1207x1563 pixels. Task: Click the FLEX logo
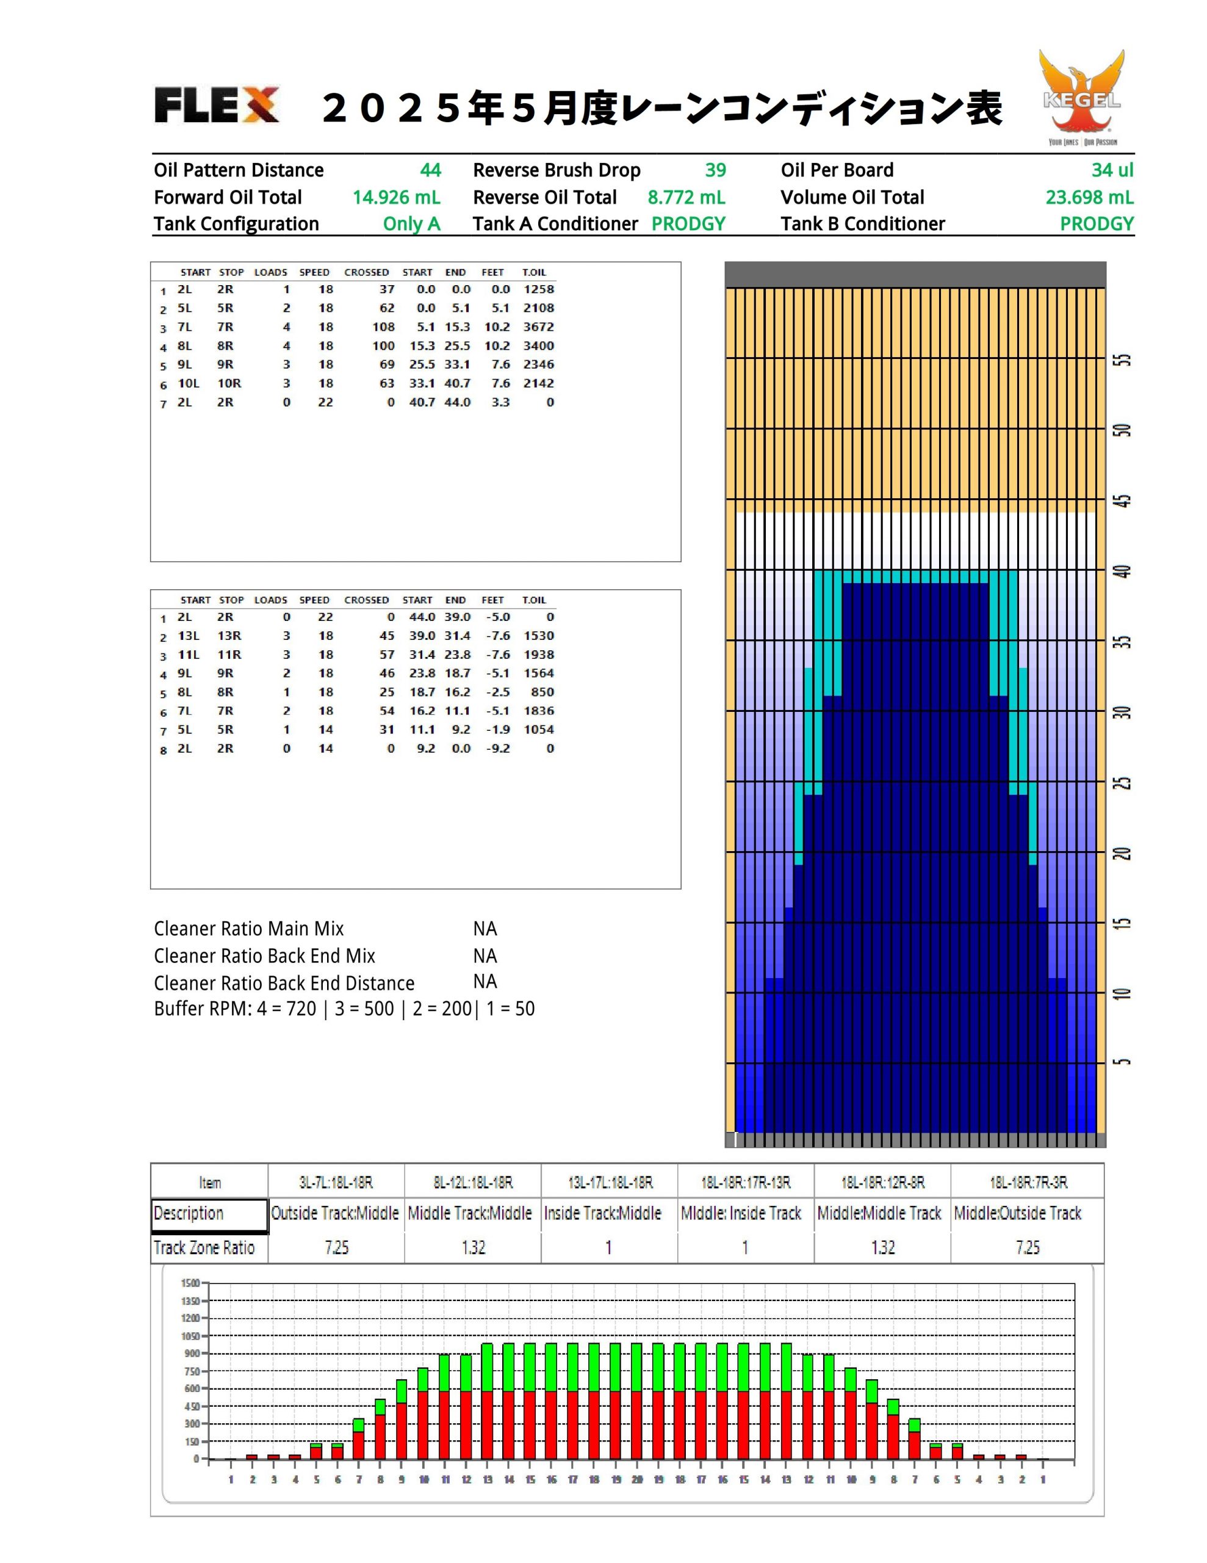click(216, 105)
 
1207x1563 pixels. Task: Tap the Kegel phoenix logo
click(1082, 97)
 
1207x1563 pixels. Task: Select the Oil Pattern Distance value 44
click(430, 170)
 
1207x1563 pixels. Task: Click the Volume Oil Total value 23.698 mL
click(1089, 198)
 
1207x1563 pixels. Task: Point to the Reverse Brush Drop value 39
click(715, 170)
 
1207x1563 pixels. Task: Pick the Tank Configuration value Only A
click(411, 224)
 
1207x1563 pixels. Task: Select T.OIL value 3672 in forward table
click(539, 327)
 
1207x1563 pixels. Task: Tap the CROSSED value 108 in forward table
click(383, 327)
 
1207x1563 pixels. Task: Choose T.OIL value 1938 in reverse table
click(539, 655)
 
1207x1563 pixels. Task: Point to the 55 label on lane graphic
click(1124, 359)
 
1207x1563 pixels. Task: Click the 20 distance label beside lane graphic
click(1124, 853)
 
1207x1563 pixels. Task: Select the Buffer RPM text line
click(344, 1009)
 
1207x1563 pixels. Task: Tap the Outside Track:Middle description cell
click(335, 1213)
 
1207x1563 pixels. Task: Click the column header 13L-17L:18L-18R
click(610, 1182)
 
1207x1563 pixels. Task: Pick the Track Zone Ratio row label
click(204, 1247)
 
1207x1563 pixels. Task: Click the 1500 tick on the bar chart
click(190, 1283)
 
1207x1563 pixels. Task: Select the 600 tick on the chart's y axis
click(192, 1388)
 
